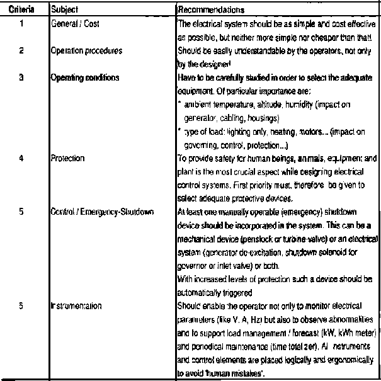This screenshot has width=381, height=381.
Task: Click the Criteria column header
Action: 21,11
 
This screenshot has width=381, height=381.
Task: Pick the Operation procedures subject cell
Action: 80,53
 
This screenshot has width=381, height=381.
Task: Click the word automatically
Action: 207,292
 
